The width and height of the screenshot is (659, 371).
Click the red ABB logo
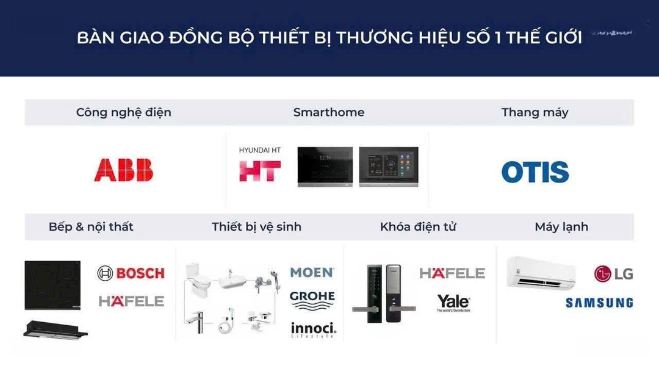click(x=124, y=170)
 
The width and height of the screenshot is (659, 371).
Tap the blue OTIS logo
click(x=535, y=172)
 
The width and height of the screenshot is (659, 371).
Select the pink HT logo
click(x=260, y=171)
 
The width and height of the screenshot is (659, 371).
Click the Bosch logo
click(x=131, y=273)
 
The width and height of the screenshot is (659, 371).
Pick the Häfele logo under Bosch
click(x=131, y=301)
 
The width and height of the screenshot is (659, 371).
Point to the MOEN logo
click(x=312, y=272)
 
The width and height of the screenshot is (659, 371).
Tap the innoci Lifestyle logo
click(x=313, y=330)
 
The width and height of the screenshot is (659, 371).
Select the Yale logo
click(x=453, y=302)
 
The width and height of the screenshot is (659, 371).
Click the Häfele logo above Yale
click(x=452, y=273)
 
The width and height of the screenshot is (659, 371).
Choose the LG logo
click(x=613, y=274)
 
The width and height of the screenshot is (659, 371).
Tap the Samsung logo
click(x=599, y=303)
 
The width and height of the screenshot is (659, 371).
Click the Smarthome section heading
click(x=328, y=112)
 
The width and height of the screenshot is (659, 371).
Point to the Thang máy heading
click(x=535, y=112)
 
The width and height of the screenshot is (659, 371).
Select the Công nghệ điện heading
click(x=123, y=112)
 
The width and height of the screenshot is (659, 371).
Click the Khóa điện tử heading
click(x=418, y=227)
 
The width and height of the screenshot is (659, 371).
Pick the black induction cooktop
click(x=52, y=285)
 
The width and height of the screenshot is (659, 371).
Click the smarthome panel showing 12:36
click(x=325, y=166)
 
